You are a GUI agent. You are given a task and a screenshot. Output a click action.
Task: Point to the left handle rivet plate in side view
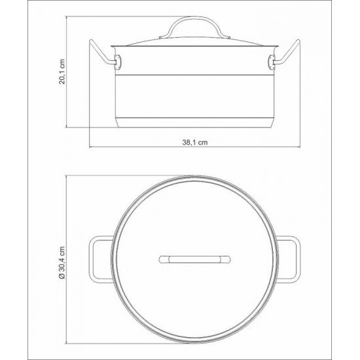[x=118, y=62]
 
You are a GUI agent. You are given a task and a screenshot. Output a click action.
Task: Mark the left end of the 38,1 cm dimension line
[x=90, y=147]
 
